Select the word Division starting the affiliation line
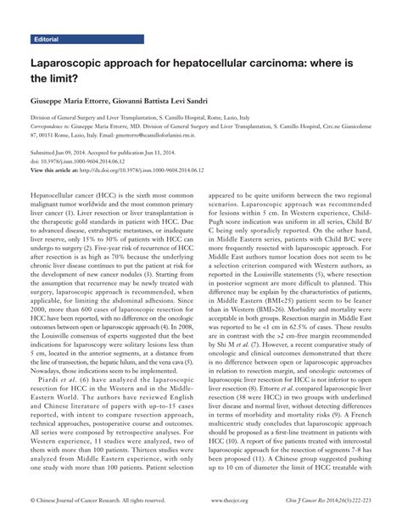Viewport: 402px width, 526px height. pyautogui.click(x=45, y=117)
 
